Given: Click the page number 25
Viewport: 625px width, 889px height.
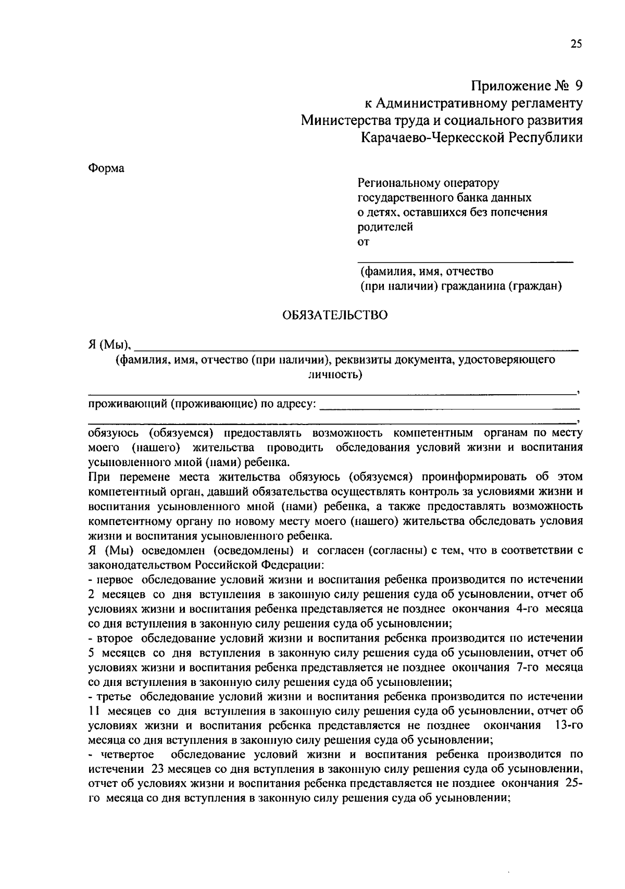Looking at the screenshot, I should [576, 44].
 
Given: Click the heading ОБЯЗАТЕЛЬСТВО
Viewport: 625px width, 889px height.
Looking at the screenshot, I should [335, 316].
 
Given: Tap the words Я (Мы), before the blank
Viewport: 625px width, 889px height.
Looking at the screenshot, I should [110, 345].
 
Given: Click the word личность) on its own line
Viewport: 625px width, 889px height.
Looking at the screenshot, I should [335, 374].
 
